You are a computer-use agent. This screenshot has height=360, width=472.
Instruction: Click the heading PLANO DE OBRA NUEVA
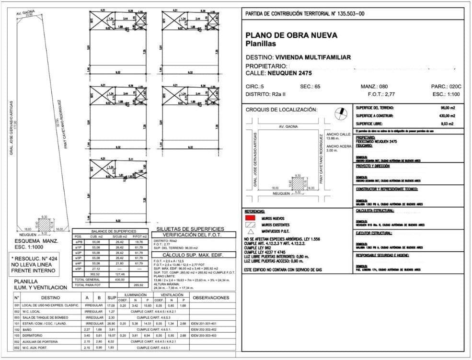coord(291,35)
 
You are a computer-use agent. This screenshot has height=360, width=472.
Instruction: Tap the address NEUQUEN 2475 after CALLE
coord(290,73)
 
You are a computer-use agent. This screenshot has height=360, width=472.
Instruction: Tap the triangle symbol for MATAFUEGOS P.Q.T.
coord(250,230)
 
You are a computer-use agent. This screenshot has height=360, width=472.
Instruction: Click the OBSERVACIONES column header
coord(210,297)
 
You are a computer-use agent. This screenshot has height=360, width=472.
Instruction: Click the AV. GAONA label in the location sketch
coord(288,127)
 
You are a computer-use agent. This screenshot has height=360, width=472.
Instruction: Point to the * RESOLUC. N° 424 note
coord(33,258)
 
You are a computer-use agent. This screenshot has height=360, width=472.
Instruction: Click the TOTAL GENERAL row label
coord(86,279)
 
